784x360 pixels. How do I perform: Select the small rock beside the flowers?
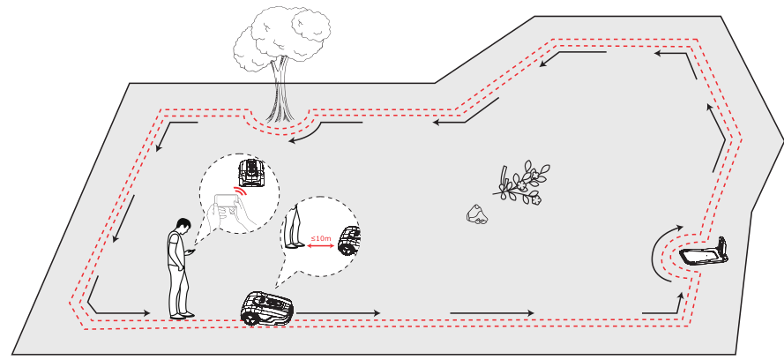coord(476,214)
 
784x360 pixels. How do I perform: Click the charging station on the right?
coord(705,253)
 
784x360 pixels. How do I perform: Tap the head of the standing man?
coord(183,226)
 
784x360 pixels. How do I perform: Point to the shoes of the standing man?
coord(182,315)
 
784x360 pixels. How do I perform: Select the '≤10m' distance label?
coord(320,238)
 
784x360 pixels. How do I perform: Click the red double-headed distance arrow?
coord(320,245)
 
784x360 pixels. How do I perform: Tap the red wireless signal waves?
coord(241,192)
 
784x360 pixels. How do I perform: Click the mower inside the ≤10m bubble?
coord(349,241)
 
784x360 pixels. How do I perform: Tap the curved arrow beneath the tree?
coord(311,133)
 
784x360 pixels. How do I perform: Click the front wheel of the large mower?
coord(249,318)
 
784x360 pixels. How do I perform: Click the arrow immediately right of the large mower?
coord(338,313)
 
